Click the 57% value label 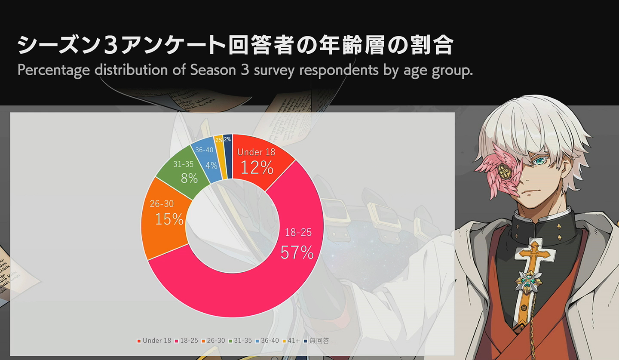pos(297,252)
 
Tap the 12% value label pos(257,167)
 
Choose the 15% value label pos(169,219)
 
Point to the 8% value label pos(189,178)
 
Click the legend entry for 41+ pos(291,341)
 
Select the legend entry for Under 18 pos(154,341)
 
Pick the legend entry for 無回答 pos(316,341)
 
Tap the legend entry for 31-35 pos(240,341)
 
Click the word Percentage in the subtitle pos(54,70)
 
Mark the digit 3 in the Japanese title pos(111,45)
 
